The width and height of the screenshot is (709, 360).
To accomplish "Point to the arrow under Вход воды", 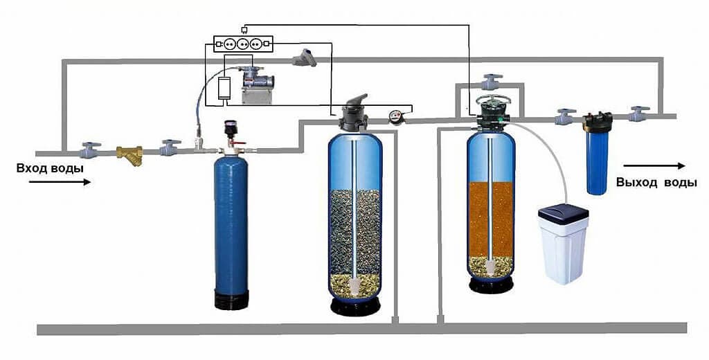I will click(60, 182).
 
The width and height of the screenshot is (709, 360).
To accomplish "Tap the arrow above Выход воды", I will click(654, 165).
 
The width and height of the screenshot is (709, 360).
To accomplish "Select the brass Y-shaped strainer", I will click(129, 154).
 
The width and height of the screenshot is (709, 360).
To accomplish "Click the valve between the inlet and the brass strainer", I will click(89, 149).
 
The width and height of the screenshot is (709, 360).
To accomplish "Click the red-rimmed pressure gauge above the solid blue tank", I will click(231, 129).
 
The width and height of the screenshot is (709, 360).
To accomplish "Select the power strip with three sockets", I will click(243, 43).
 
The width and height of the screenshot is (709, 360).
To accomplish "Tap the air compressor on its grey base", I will click(256, 82).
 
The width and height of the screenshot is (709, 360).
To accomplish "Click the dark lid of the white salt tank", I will click(563, 212).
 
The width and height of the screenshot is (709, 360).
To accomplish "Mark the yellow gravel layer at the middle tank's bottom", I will click(354, 282).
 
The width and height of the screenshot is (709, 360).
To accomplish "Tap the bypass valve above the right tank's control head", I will click(491, 82).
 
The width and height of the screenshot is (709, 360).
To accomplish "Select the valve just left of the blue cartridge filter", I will click(565, 116).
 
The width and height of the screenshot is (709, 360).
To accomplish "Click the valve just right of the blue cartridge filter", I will click(638, 114).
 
